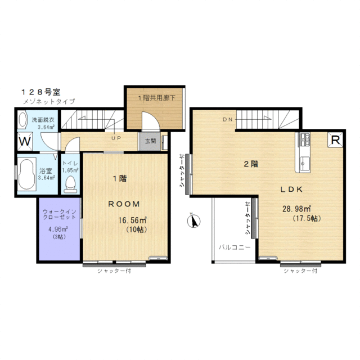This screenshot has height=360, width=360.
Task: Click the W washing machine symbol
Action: click(x=25, y=141)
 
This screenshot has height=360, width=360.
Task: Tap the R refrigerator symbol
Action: click(x=335, y=140)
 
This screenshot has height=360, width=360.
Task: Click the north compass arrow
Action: click(x=193, y=220)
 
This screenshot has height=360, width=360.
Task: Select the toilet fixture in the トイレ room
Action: click(x=70, y=184)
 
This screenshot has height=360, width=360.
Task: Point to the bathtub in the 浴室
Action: click(x=27, y=174)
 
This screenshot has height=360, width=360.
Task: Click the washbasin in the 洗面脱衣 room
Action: click(x=22, y=119)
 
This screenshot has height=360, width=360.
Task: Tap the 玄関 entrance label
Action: click(x=150, y=141)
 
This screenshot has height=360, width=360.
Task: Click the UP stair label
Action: click(x=116, y=138)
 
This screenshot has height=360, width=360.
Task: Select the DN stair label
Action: click(x=228, y=119)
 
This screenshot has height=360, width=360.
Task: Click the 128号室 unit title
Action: click(x=40, y=92)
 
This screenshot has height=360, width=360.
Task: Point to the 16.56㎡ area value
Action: click(x=133, y=220)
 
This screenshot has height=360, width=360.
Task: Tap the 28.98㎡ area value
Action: click(x=296, y=209)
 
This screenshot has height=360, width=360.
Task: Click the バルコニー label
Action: click(x=235, y=247)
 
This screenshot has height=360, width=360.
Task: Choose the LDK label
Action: click(x=291, y=190)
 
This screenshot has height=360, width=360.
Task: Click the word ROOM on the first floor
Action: click(x=124, y=204)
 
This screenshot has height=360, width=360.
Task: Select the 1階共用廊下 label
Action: click(x=156, y=98)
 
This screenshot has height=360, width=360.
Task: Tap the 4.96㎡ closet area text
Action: click(x=57, y=229)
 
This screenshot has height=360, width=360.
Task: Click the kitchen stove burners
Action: click(x=304, y=139)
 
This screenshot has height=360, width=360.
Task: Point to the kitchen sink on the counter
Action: click(x=305, y=163)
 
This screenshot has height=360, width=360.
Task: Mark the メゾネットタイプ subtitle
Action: click(x=49, y=101)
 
